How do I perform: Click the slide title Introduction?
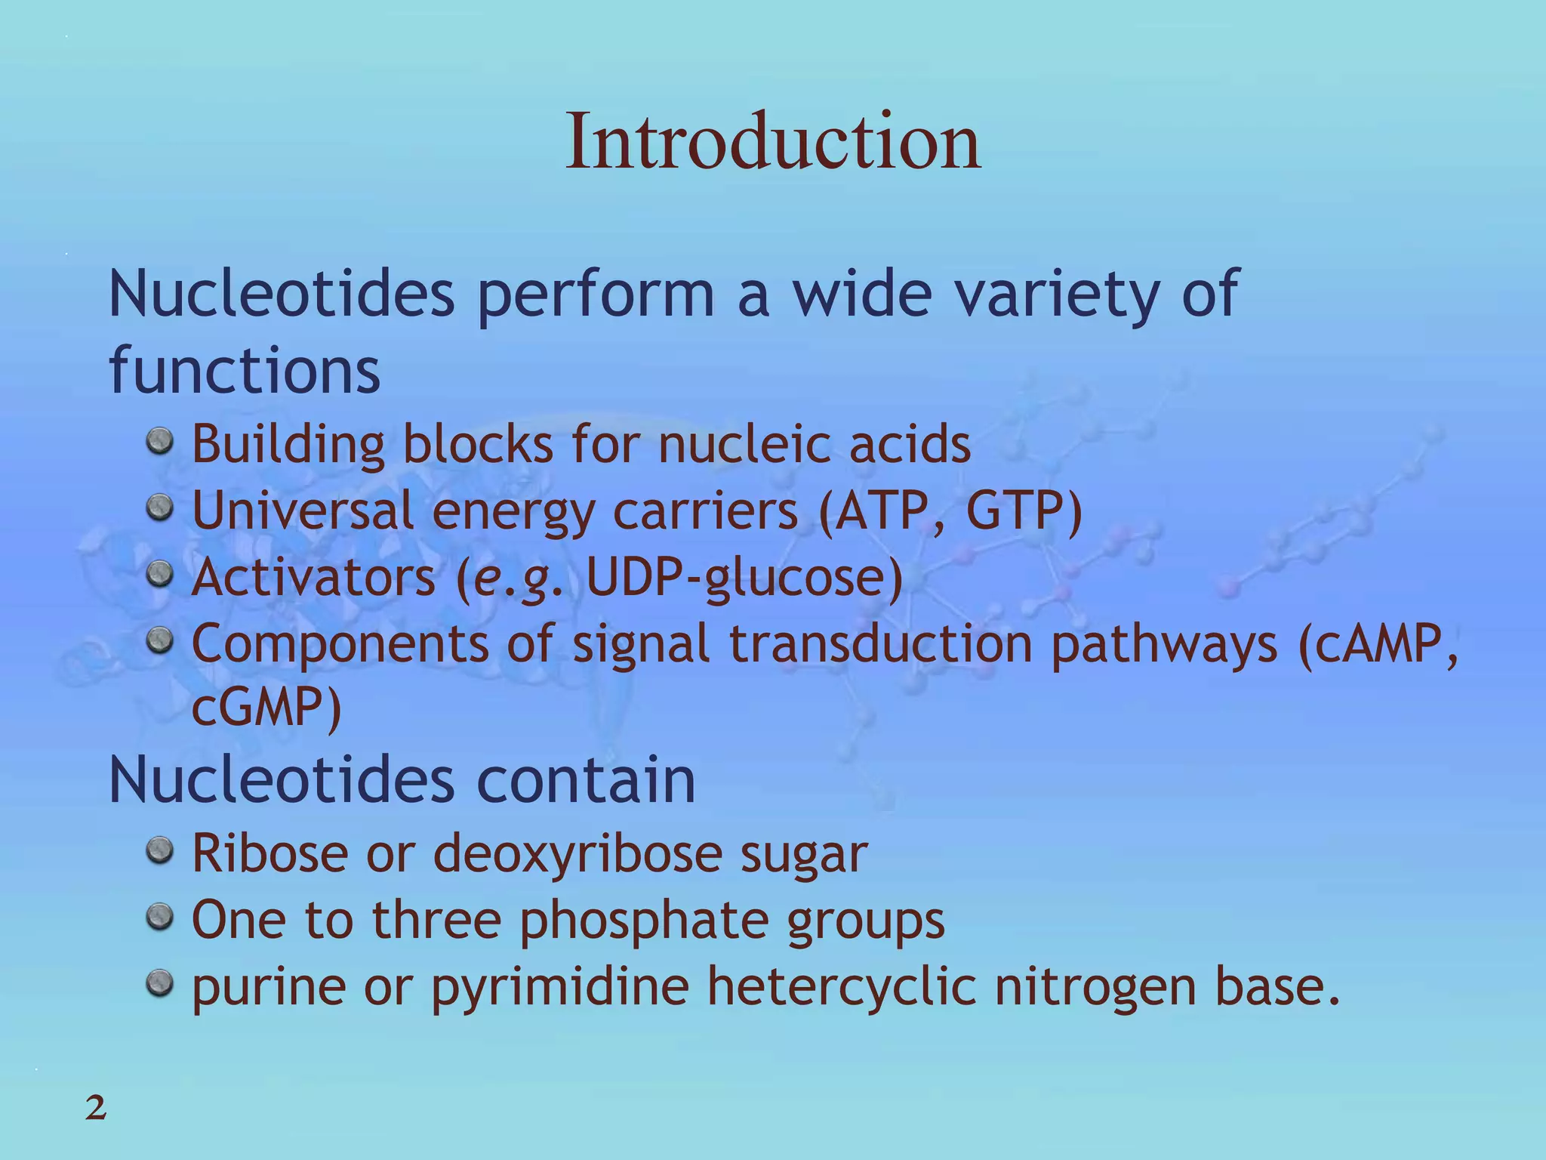coord(773,141)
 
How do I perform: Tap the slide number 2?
coord(96,1109)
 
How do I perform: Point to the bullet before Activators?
coord(159,574)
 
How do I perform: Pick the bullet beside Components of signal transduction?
coord(159,640)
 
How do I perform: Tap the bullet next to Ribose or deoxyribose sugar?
coord(159,850)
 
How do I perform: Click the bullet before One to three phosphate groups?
coord(159,917)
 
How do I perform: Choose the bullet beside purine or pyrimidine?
coord(159,983)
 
